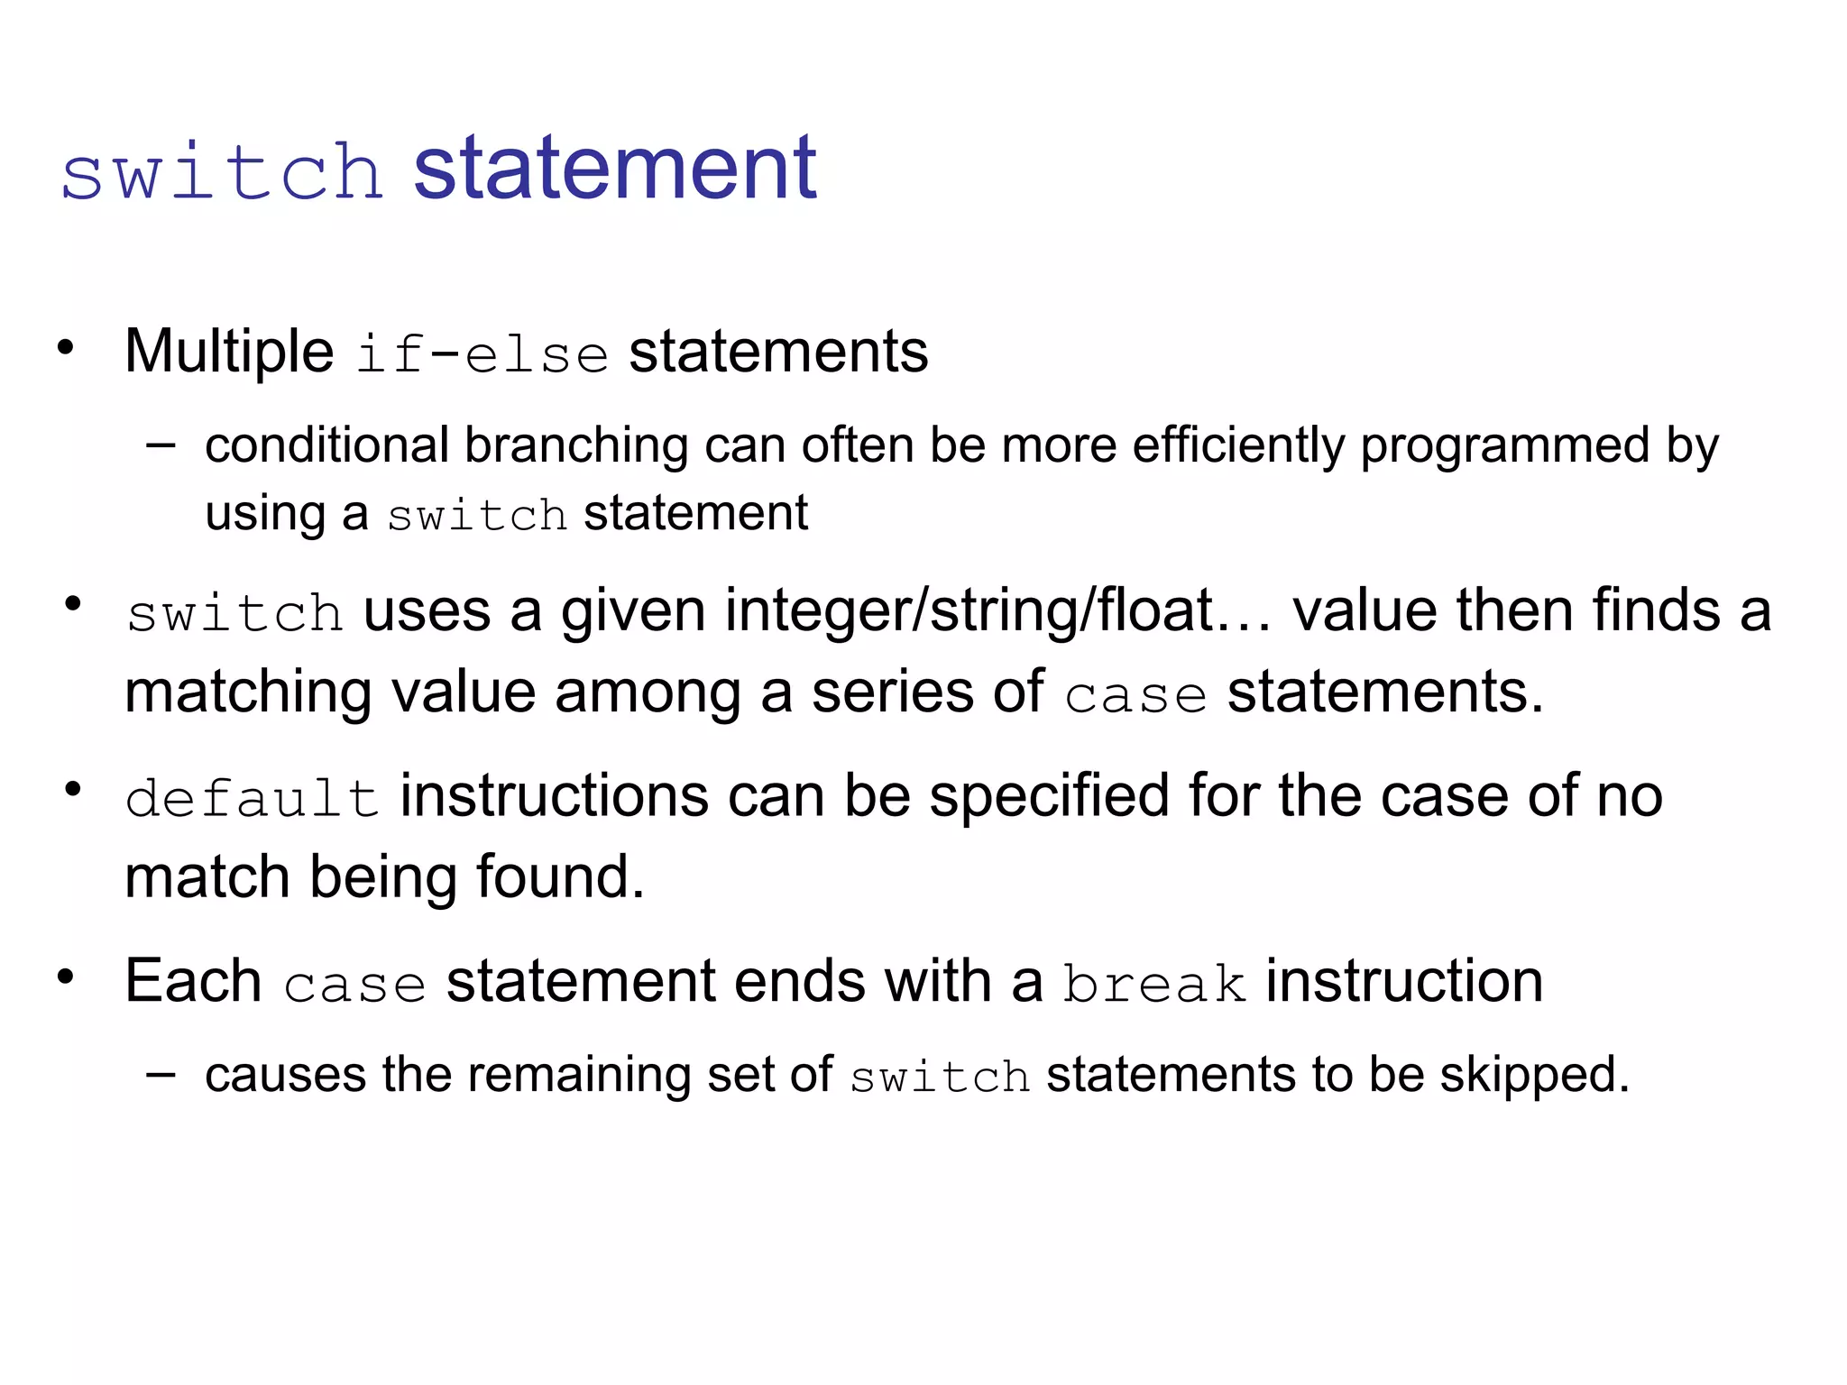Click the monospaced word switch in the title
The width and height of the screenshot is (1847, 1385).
tap(222, 171)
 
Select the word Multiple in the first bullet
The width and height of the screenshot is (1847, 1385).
tap(229, 351)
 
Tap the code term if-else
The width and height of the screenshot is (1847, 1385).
tap(482, 353)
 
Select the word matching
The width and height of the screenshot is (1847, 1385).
tap(248, 694)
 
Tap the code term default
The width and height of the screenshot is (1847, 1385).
tap(252, 799)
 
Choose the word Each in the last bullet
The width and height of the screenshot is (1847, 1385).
tap(193, 981)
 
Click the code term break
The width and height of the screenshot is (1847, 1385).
tap(1154, 984)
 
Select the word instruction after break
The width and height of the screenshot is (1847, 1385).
tap(1404, 981)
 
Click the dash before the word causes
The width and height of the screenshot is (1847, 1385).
tap(161, 1074)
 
